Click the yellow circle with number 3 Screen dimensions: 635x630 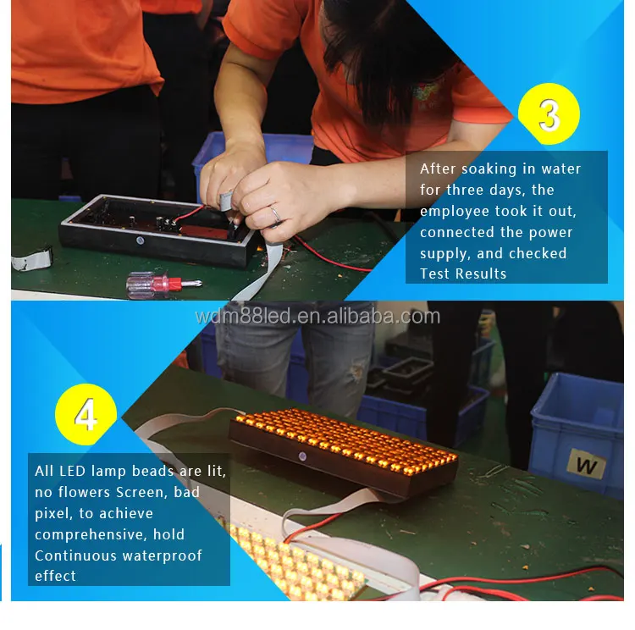tap(549, 113)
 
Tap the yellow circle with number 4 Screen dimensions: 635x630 tap(86, 414)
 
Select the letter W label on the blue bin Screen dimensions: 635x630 tap(587, 464)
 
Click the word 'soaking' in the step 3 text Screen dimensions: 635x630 tap(489, 169)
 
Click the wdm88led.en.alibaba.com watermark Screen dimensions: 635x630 tap(317, 317)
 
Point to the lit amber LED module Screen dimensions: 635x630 tap(344, 450)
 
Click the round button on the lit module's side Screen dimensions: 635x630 tap(302, 456)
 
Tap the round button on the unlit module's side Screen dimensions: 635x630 tap(140, 240)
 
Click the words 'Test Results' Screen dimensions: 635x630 tap(463, 274)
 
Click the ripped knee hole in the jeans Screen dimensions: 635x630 tap(357, 372)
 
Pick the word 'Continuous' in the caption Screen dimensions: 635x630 tap(75, 555)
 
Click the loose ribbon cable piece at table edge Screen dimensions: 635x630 tap(31, 260)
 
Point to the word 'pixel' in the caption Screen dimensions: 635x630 tap(54, 513)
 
